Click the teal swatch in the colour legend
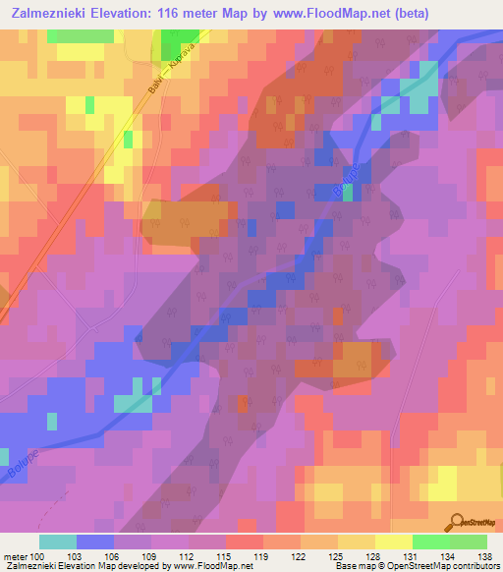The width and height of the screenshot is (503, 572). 57,542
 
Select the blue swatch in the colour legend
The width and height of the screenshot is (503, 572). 94,542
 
